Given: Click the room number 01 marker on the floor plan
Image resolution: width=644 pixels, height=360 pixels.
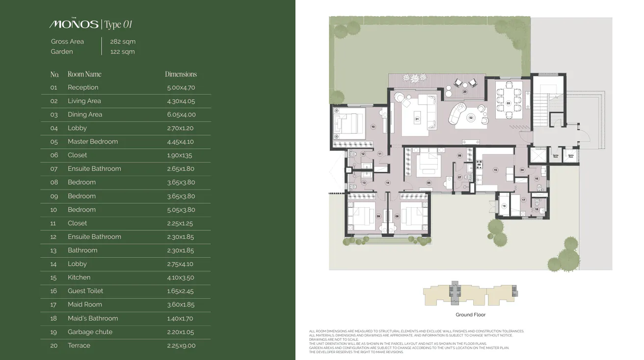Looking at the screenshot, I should pyautogui.click(x=417, y=119).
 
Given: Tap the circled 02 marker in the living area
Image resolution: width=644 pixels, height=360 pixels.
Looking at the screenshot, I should pyautogui.click(x=471, y=118).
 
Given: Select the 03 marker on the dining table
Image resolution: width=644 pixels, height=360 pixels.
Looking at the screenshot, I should pyautogui.click(x=509, y=103).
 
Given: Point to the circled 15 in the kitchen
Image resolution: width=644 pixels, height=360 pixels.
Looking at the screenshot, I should pyautogui.click(x=495, y=170).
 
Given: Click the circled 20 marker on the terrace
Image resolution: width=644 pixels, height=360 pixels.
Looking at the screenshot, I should pyautogui.click(x=464, y=92).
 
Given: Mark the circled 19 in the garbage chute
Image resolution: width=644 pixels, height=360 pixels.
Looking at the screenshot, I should pyautogui.click(x=504, y=206).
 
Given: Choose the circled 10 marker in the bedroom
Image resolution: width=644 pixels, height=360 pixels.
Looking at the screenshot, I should pyautogui.click(x=373, y=127).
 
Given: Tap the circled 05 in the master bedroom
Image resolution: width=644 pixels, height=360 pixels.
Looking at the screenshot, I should pyautogui.click(x=429, y=183).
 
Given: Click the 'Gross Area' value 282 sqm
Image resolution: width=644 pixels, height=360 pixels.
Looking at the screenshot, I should pyautogui.click(x=123, y=42).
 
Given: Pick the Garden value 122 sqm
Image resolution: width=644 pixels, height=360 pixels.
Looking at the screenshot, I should pyautogui.click(x=122, y=52).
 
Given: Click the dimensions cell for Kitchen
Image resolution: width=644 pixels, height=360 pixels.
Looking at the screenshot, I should pyautogui.click(x=181, y=277).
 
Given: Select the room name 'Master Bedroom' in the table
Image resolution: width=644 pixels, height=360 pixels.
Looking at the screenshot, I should pyautogui.click(x=93, y=141).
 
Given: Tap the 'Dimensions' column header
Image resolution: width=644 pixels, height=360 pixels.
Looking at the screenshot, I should pyautogui.click(x=181, y=74).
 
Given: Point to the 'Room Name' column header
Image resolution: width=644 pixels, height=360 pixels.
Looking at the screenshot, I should pyautogui.click(x=84, y=74).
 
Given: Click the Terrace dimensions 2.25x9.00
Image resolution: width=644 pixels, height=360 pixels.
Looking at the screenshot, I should pyautogui.click(x=181, y=346).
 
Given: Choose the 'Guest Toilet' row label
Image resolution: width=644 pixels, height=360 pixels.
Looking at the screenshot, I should pyautogui.click(x=85, y=291).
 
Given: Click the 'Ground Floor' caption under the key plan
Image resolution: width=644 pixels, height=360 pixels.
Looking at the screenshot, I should pyautogui.click(x=470, y=315).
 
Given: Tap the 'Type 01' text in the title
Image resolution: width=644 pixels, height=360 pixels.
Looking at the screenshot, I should pyautogui.click(x=118, y=25).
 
